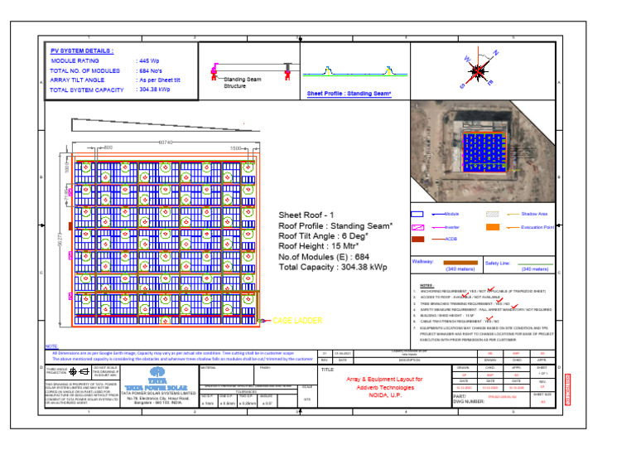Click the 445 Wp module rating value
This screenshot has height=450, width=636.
149,61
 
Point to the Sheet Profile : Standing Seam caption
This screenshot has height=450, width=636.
349,94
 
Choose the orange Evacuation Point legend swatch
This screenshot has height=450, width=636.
493,226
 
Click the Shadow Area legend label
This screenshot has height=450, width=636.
534,214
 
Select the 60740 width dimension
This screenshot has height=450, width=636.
166,142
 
